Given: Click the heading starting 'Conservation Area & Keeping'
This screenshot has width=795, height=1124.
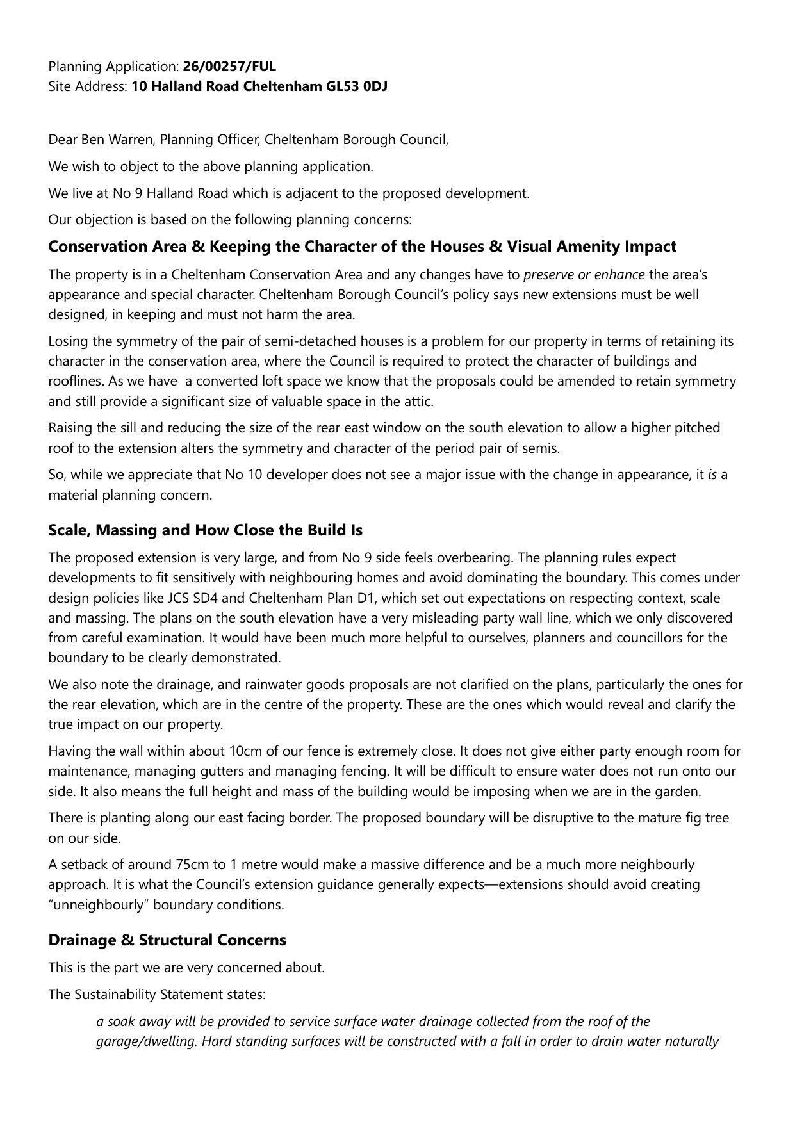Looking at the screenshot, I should point(362,247).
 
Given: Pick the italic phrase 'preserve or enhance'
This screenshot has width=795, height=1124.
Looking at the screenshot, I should point(584,275).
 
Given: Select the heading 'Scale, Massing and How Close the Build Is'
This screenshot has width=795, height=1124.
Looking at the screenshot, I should point(205,530).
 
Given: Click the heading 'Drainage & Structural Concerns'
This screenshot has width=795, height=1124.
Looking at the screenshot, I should point(167,940).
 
